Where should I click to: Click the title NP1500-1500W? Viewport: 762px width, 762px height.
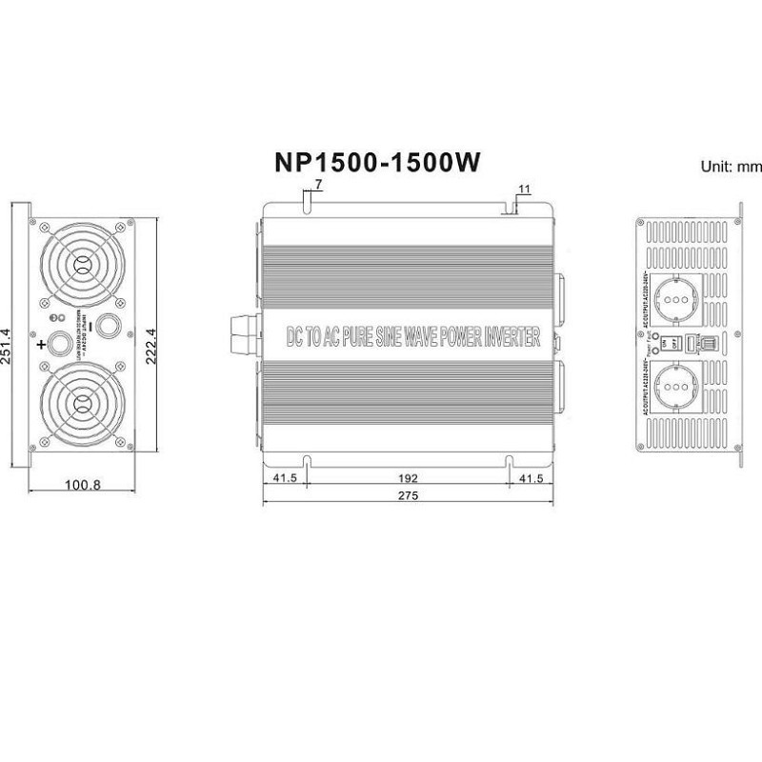(377, 163)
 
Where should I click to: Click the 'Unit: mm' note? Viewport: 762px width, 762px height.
(732, 166)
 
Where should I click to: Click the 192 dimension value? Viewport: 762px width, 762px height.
(408, 478)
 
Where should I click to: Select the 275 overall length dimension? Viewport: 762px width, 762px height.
(408, 495)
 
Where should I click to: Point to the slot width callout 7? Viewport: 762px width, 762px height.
(317, 182)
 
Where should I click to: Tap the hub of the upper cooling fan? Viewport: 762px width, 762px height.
(81, 265)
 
